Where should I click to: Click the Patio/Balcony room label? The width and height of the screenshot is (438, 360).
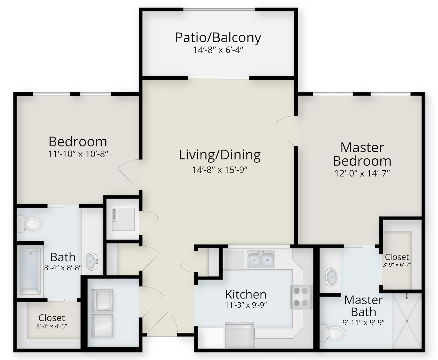click(218, 38)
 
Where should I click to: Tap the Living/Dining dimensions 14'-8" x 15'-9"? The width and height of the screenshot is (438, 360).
click(220, 170)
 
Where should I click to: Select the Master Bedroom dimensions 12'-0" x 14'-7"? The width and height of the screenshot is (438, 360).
click(362, 173)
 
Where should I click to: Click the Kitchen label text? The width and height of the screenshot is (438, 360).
click(246, 294)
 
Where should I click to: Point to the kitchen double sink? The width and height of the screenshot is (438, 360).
click(261, 259)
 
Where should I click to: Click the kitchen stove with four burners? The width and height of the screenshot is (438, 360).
click(301, 297)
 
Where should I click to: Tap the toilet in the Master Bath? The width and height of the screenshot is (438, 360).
click(332, 333)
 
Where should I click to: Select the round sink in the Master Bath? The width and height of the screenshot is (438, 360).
click(331, 277)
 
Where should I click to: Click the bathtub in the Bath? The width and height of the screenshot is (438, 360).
click(31, 271)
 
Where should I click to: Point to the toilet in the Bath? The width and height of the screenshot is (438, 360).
click(29, 224)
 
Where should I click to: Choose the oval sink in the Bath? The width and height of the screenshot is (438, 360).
click(92, 262)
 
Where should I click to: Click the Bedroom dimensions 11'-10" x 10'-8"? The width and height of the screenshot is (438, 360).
click(78, 154)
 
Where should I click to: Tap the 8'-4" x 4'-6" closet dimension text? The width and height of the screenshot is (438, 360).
click(52, 326)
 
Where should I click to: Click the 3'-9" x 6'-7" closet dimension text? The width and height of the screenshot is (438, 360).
click(397, 265)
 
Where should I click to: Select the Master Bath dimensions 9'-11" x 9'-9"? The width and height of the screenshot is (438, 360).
click(364, 322)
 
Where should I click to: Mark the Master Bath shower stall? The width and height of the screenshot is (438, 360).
click(407, 321)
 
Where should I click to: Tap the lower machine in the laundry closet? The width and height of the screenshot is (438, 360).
click(102, 326)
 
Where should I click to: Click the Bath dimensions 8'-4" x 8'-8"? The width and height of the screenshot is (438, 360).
click(63, 268)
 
